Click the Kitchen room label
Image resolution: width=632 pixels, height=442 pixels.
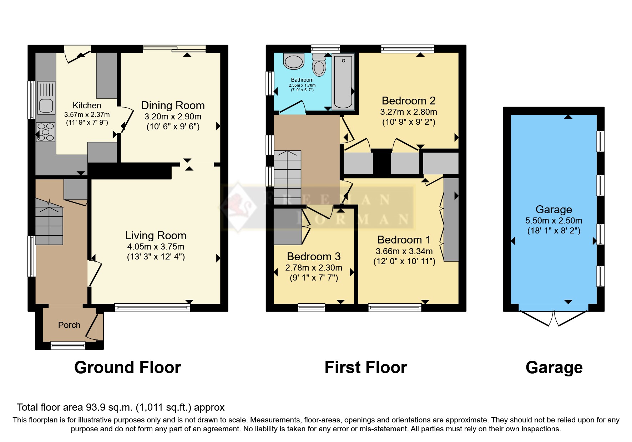click(x=87, y=106)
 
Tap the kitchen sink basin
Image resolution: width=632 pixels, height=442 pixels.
click(x=46, y=106)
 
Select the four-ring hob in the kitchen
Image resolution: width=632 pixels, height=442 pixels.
click(x=46, y=132)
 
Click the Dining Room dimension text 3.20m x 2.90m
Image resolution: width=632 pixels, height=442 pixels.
click(x=173, y=117)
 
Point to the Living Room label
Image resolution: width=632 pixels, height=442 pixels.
click(x=156, y=236)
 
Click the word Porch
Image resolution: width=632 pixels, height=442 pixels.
click(x=69, y=325)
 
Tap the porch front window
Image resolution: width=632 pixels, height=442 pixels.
click(x=68, y=345)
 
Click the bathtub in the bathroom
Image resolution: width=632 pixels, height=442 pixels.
click(x=343, y=82)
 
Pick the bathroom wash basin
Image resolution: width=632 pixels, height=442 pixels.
click(x=293, y=61)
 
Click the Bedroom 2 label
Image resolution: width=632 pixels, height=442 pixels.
click(x=409, y=101)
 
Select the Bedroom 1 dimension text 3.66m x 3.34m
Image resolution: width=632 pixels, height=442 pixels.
click(x=404, y=251)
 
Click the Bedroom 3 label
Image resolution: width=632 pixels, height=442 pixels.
click(x=314, y=257)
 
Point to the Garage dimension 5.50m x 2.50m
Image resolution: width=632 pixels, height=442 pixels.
click(x=553, y=221)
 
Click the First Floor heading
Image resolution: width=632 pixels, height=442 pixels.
click(x=365, y=368)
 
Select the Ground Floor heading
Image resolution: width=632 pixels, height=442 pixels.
click(x=127, y=368)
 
